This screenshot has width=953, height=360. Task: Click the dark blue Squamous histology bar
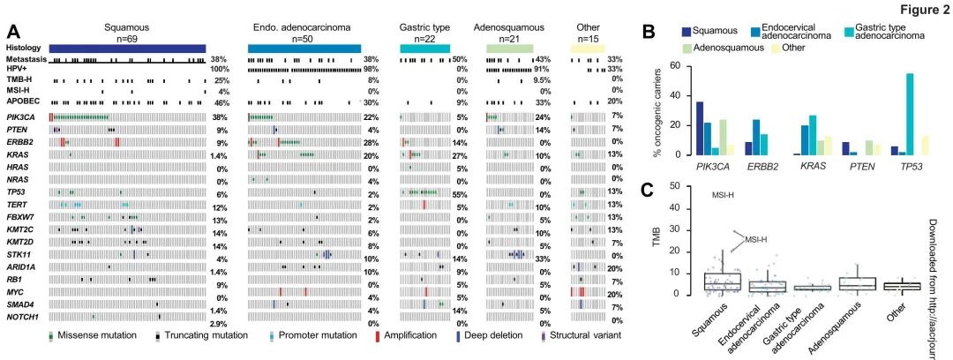(127, 48)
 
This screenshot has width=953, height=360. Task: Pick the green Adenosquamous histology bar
(510, 48)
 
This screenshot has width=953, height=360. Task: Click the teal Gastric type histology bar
(424, 48)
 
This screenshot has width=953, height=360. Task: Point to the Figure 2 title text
(922, 9)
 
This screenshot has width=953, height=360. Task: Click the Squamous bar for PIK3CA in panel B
(700, 129)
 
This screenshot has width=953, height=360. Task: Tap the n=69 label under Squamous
(127, 38)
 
